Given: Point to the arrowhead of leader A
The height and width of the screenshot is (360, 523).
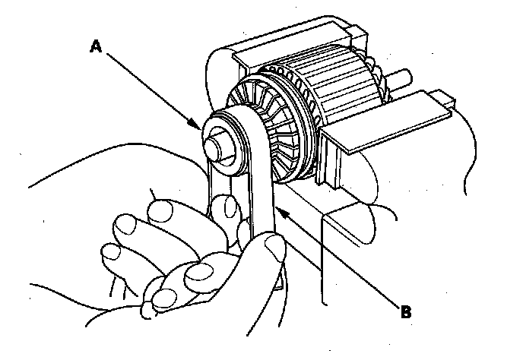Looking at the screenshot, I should (x=199, y=126).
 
